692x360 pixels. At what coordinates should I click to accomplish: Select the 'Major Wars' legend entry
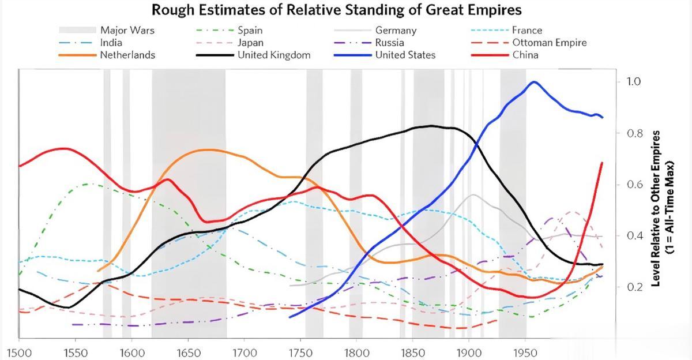127,31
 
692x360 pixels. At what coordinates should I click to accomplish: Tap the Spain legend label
250,31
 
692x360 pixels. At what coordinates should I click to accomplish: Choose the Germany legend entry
396,31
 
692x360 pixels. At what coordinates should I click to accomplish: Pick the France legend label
526,31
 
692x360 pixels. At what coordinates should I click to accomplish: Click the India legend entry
111,43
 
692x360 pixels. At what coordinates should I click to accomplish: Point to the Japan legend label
250,43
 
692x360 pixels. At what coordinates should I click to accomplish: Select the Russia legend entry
389,43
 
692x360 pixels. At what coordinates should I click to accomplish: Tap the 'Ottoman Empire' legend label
549,43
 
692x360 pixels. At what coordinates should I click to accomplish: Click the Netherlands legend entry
127,55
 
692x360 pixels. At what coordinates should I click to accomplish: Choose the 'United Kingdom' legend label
274,55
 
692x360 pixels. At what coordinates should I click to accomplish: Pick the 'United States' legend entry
405,55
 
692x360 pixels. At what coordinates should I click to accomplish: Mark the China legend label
525,55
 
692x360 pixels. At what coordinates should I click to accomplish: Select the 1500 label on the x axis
19,352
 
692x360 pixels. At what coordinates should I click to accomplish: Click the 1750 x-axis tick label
300,352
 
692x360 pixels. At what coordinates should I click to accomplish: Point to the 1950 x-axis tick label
525,352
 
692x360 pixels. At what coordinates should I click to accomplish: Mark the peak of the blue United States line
533,82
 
